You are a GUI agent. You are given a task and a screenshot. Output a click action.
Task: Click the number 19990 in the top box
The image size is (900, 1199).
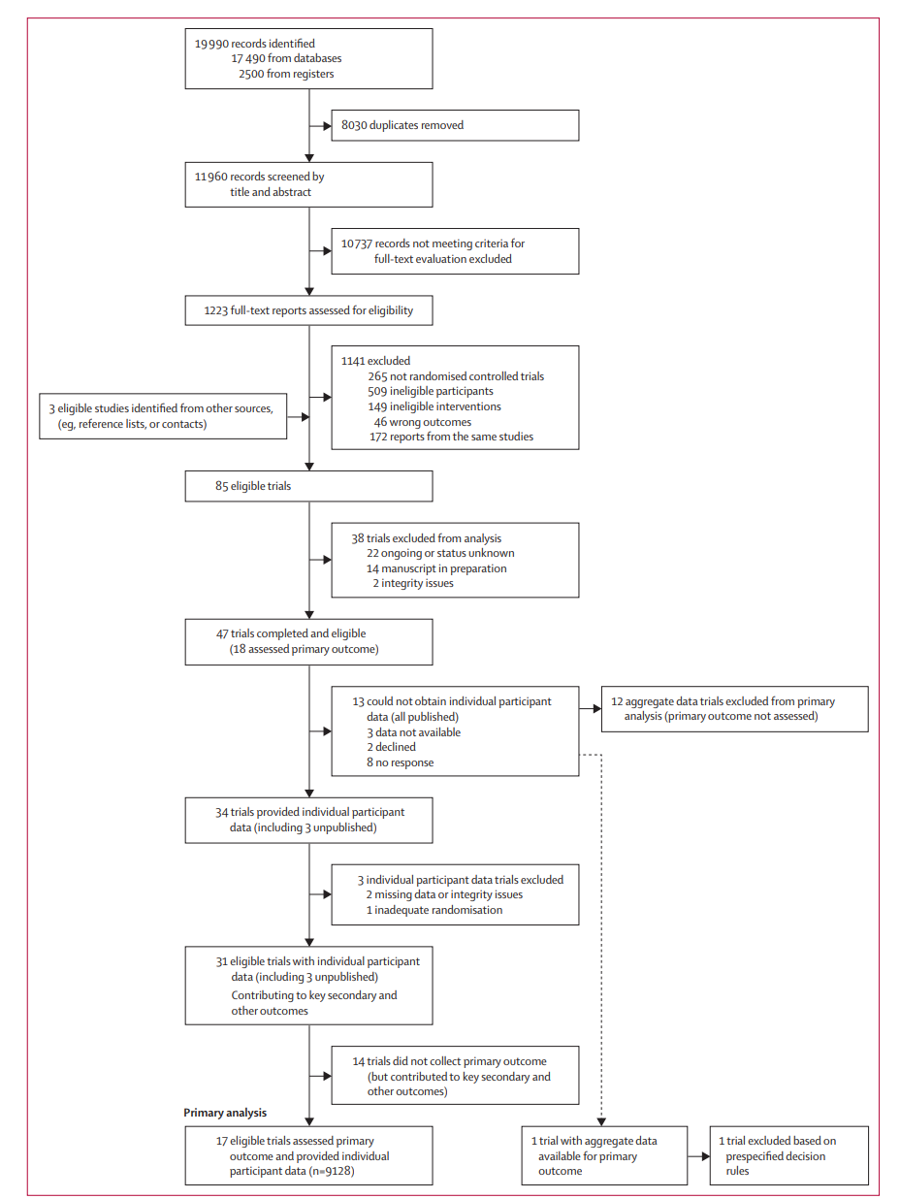click(211, 44)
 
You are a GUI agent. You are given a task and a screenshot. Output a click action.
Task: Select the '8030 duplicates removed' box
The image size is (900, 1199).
click(455, 126)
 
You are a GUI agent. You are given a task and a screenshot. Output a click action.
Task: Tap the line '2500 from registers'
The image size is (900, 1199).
click(286, 74)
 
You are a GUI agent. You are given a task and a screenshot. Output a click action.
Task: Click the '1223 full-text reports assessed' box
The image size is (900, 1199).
click(308, 310)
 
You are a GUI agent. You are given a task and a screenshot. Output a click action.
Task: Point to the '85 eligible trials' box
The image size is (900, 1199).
click(308, 486)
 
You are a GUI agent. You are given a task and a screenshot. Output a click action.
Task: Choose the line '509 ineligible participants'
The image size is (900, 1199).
click(431, 391)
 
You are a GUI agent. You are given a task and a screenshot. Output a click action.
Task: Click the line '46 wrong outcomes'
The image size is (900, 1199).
click(423, 422)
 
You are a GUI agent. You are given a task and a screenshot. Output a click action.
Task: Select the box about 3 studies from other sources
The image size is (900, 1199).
click(163, 416)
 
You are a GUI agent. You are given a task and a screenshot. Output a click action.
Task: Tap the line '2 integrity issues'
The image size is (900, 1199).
click(413, 583)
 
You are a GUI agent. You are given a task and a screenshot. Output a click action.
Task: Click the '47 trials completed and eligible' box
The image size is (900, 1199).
click(308, 642)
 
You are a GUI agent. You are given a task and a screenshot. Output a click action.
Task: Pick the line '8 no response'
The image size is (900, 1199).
click(401, 762)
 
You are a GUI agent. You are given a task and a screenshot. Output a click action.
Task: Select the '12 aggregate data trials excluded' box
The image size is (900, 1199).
click(734, 709)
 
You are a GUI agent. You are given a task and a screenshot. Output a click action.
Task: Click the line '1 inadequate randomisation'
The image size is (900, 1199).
click(434, 910)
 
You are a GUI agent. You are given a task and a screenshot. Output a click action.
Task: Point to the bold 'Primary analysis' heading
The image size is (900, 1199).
click(225, 1113)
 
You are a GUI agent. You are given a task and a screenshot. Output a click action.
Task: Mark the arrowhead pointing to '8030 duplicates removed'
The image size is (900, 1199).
click(327, 126)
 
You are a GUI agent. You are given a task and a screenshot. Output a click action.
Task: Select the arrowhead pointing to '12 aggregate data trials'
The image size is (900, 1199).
click(596, 709)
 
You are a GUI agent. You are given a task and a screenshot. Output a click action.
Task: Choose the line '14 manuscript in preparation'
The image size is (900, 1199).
click(436, 568)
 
